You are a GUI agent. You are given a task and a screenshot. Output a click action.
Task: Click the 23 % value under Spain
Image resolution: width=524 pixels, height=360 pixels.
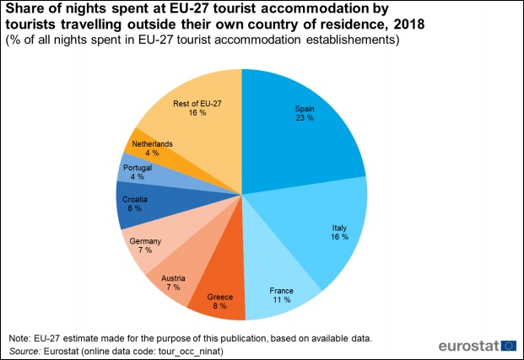click(x=305, y=118)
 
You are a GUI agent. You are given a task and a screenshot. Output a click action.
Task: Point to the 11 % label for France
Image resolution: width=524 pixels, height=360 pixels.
click(x=281, y=299)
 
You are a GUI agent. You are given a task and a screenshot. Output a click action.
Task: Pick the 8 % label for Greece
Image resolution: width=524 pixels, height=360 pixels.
click(x=219, y=308)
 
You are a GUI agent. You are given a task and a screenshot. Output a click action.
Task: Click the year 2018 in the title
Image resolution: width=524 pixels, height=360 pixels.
click(x=405, y=24)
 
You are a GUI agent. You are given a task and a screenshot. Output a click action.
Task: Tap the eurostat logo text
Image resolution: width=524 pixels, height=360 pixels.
click(x=468, y=346)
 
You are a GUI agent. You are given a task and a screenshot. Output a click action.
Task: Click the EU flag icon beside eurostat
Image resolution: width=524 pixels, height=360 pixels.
click(x=509, y=346)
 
